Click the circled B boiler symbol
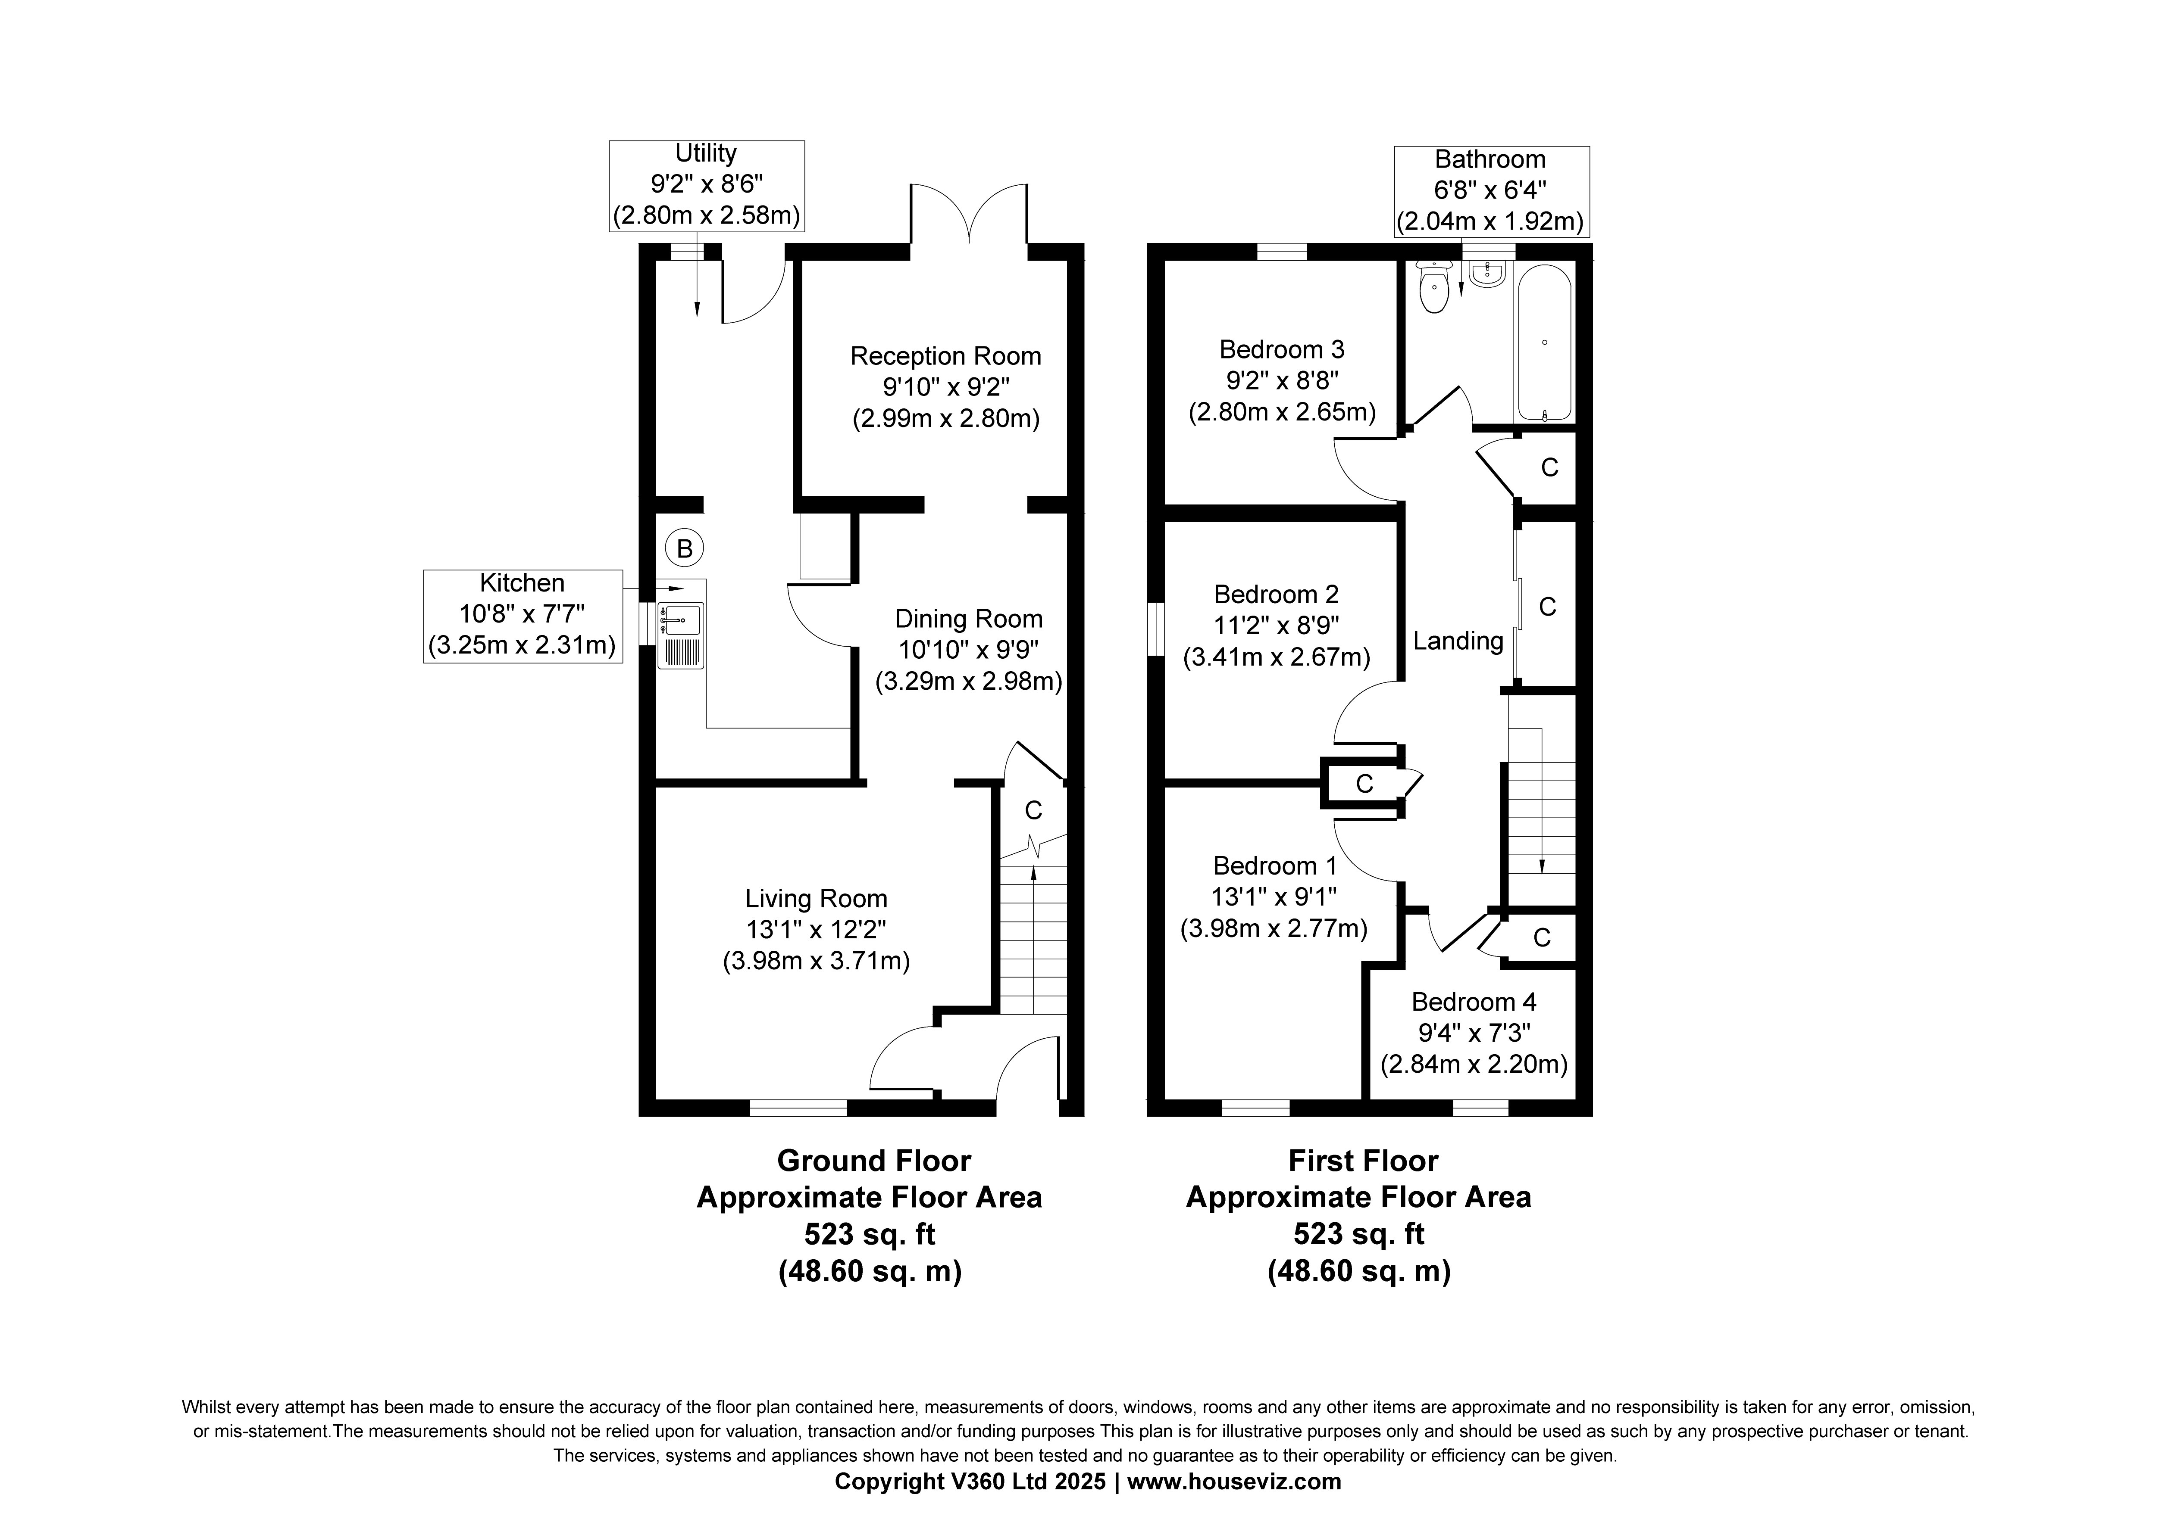(684, 548)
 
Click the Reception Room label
(946, 357)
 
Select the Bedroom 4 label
(1473, 1002)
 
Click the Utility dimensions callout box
(707, 186)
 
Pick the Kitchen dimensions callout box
(523, 616)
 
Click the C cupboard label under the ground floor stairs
(1033, 811)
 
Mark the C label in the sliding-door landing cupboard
(1547, 607)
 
